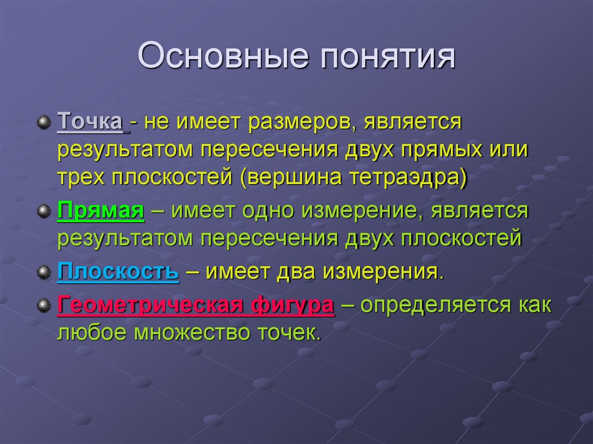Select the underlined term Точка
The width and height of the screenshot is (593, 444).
(90, 123)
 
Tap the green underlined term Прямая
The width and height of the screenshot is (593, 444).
(101, 212)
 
